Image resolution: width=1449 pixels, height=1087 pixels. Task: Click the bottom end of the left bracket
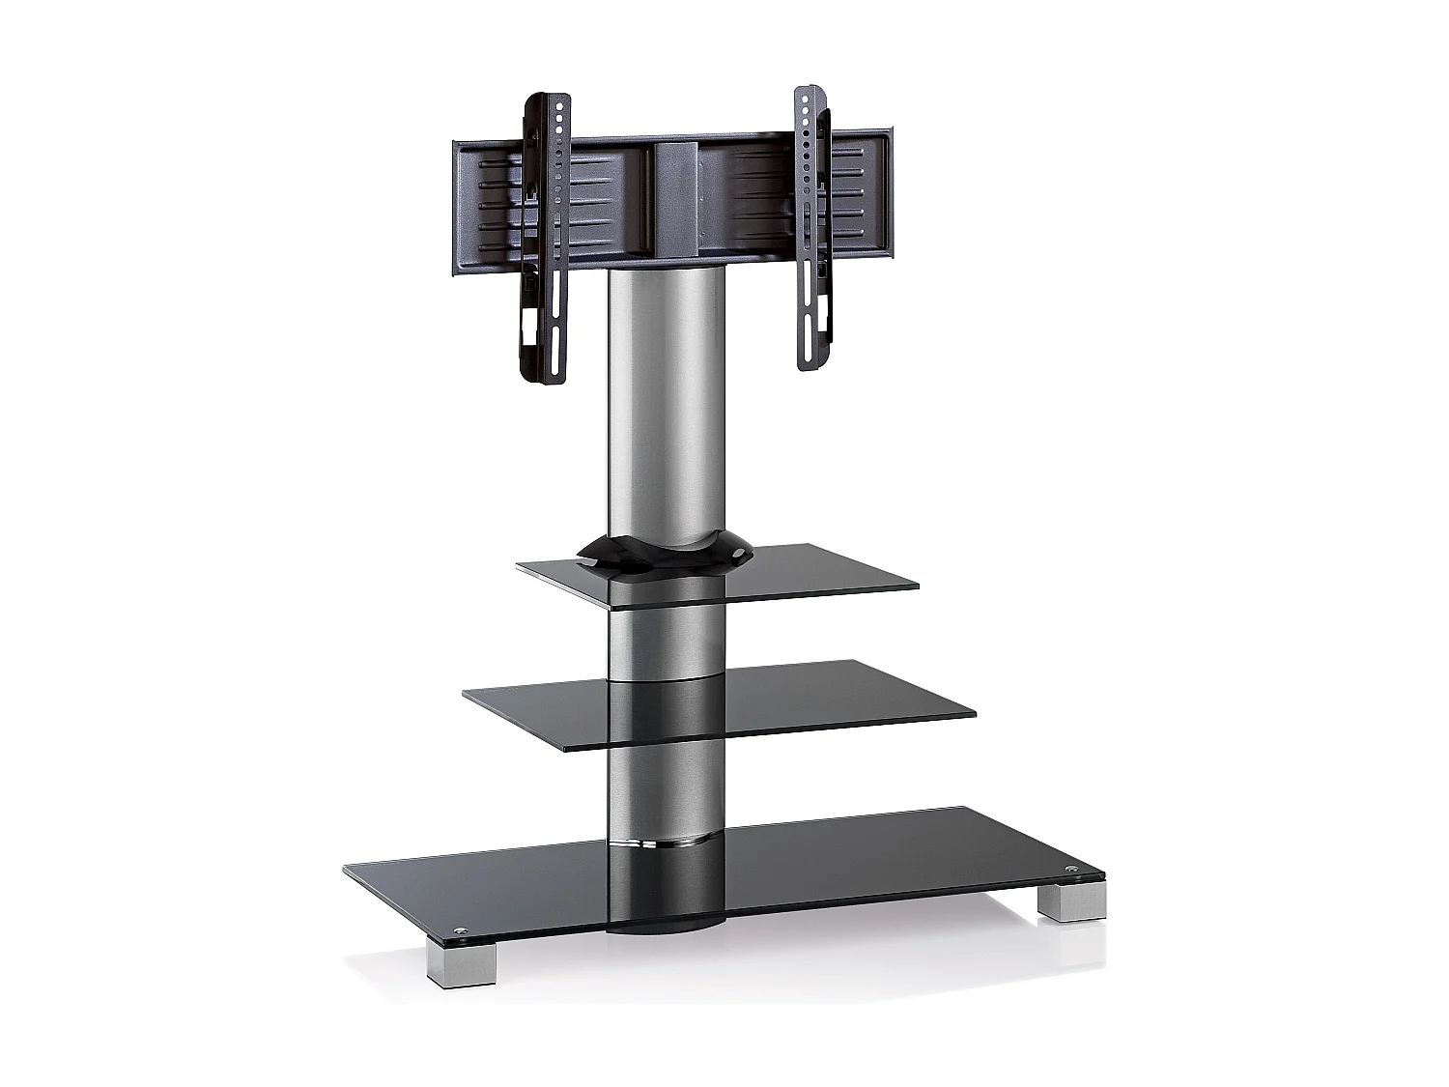pos(543,372)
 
